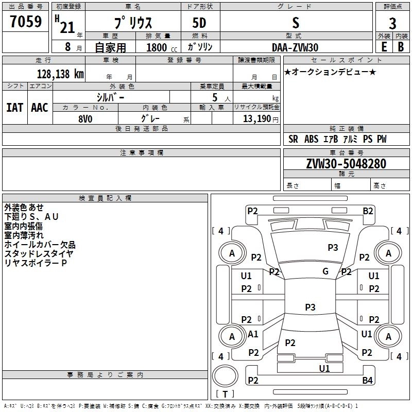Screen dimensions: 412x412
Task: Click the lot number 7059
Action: click(x=26, y=22)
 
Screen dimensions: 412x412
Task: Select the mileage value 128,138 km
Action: click(x=60, y=74)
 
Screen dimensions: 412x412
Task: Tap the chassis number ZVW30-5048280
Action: click(x=346, y=164)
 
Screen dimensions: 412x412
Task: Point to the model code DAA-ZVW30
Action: click(x=295, y=47)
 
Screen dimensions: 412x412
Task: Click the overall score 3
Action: click(x=392, y=23)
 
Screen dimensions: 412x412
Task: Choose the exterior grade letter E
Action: click(x=384, y=47)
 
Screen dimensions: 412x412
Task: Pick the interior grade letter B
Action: click(x=401, y=47)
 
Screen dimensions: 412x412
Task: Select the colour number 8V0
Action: click(x=85, y=119)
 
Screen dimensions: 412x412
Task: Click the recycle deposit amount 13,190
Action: click(x=257, y=119)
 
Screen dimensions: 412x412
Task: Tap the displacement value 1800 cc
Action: click(x=162, y=47)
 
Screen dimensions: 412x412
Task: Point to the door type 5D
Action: click(x=199, y=23)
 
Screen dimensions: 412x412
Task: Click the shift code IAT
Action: click(x=15, y=108)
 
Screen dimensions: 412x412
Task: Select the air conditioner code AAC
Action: click(x=40, y=108)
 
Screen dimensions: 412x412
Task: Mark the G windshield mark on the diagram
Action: click(x=325, y=271)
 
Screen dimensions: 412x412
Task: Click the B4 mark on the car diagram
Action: click(x=367, y=380)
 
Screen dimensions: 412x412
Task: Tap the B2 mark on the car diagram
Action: click(x=368, y=211)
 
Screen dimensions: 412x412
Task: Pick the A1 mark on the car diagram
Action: click(x=253, y=334)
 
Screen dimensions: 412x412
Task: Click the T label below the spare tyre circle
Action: click(x=225, y=394)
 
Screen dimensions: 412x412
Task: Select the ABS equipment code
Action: click(x=312, y=139)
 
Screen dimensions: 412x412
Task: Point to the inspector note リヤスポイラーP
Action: click(x=36, y=263)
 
